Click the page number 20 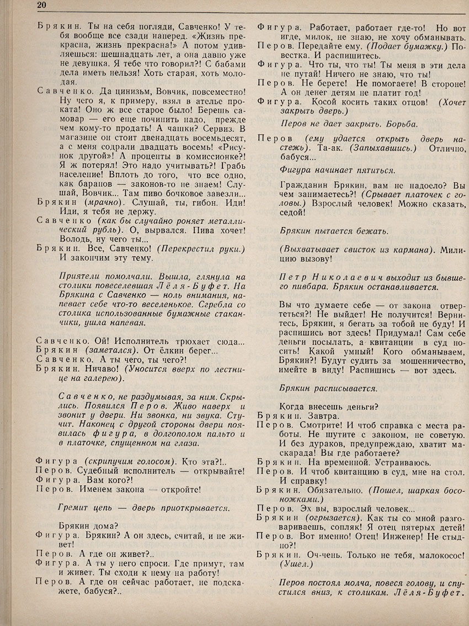pos(42,6)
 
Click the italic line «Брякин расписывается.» pos(328,388)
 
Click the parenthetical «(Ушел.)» pos(296,565)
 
